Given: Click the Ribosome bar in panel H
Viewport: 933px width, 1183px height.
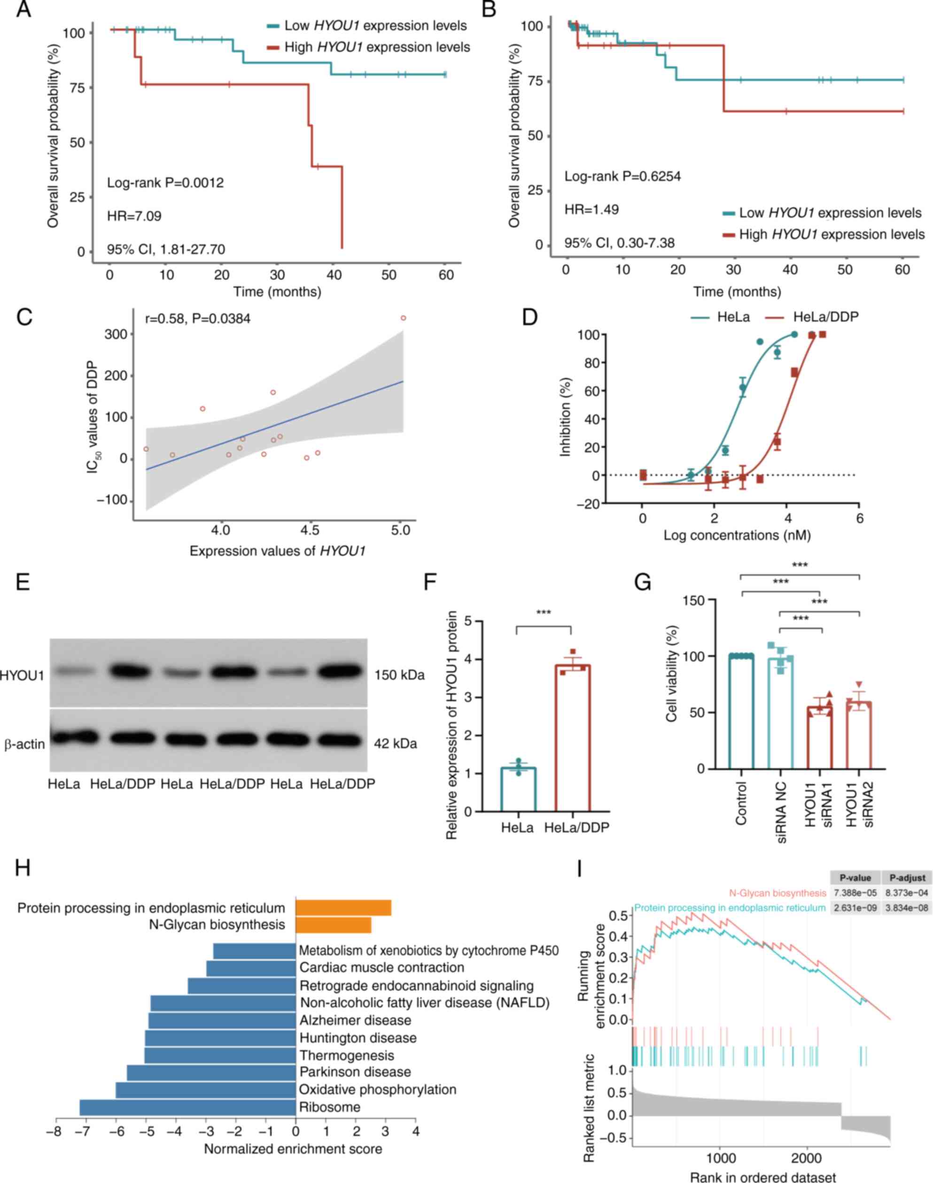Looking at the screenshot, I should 187,1107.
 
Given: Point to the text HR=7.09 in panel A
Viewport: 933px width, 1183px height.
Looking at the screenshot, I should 134,216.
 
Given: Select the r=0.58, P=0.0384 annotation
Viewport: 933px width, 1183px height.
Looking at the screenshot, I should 198,318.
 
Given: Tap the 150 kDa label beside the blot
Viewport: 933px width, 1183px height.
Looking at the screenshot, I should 399,675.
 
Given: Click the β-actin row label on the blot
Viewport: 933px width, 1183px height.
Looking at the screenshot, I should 24,744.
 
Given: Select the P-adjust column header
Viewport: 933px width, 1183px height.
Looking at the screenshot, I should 907,877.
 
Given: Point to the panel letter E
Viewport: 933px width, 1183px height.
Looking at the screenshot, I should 23,582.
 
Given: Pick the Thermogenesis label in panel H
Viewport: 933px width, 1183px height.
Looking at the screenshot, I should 346,1055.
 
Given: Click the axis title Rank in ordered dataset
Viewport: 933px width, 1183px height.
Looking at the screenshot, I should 762,1173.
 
